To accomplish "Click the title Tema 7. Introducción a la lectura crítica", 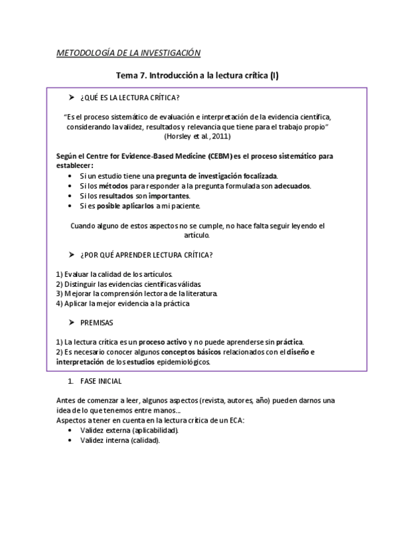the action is point(197,76).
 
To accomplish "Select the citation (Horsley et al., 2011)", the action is point(197,136).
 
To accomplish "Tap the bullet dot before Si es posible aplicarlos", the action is point(71,206).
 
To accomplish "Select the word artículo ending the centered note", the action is point(197,235).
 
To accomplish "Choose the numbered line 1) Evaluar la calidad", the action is point(115,274).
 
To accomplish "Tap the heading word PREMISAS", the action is point(96,323).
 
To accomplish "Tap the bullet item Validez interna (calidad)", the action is point(120,440).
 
